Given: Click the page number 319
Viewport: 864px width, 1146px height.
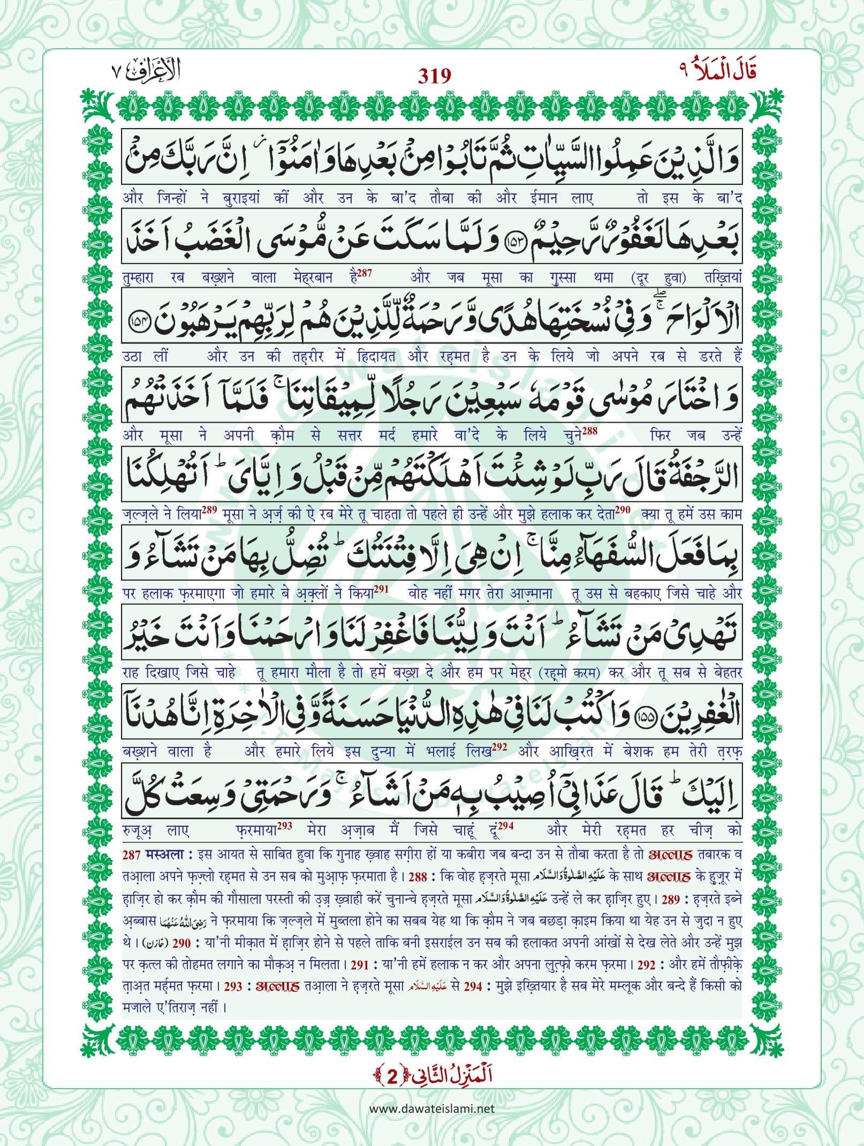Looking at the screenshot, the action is (434, 76).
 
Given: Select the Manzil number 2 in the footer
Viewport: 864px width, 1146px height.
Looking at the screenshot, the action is (393, 1075).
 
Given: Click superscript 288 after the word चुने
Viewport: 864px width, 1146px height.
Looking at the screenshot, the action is (589, 430).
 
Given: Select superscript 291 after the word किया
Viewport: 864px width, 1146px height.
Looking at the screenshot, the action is (381, 588).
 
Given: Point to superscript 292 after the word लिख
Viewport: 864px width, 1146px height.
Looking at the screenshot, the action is (499, 746).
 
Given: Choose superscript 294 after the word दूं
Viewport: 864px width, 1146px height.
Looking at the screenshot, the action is (505, 826).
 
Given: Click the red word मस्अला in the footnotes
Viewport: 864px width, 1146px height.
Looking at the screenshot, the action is (165, 855).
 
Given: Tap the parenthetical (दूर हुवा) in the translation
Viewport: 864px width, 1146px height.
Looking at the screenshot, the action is (660, 278).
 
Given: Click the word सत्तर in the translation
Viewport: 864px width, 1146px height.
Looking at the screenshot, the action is (350, 435).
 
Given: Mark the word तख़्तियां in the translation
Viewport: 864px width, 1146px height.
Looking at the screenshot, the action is (723, 278).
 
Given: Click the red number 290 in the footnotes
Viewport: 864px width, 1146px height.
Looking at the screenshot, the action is (181, 942).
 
